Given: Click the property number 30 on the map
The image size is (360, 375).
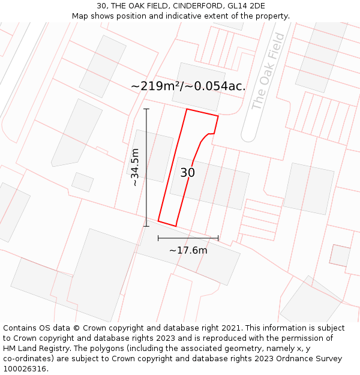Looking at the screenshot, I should [x=187, y=173].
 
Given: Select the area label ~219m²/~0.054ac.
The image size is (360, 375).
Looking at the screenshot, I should [x=188, y=86].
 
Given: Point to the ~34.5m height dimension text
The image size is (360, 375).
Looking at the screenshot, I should [x=135, y=167].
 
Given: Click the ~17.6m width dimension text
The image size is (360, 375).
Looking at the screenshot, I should [x=188, y=250].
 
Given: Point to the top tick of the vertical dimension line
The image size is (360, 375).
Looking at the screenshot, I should [x=146, y=109].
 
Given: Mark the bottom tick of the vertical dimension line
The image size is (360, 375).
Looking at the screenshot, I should [x=146, y=226].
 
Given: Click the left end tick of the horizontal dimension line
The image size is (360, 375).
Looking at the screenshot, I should [x=158, y=238].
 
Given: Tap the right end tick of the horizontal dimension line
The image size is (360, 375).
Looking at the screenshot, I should [x=218, y=238].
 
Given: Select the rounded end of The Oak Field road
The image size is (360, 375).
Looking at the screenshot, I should [x=248, y=136].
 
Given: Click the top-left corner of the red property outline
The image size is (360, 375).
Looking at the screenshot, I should [x=187, y=109].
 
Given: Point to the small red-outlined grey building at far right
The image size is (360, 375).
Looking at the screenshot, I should [x=340, y=255].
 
